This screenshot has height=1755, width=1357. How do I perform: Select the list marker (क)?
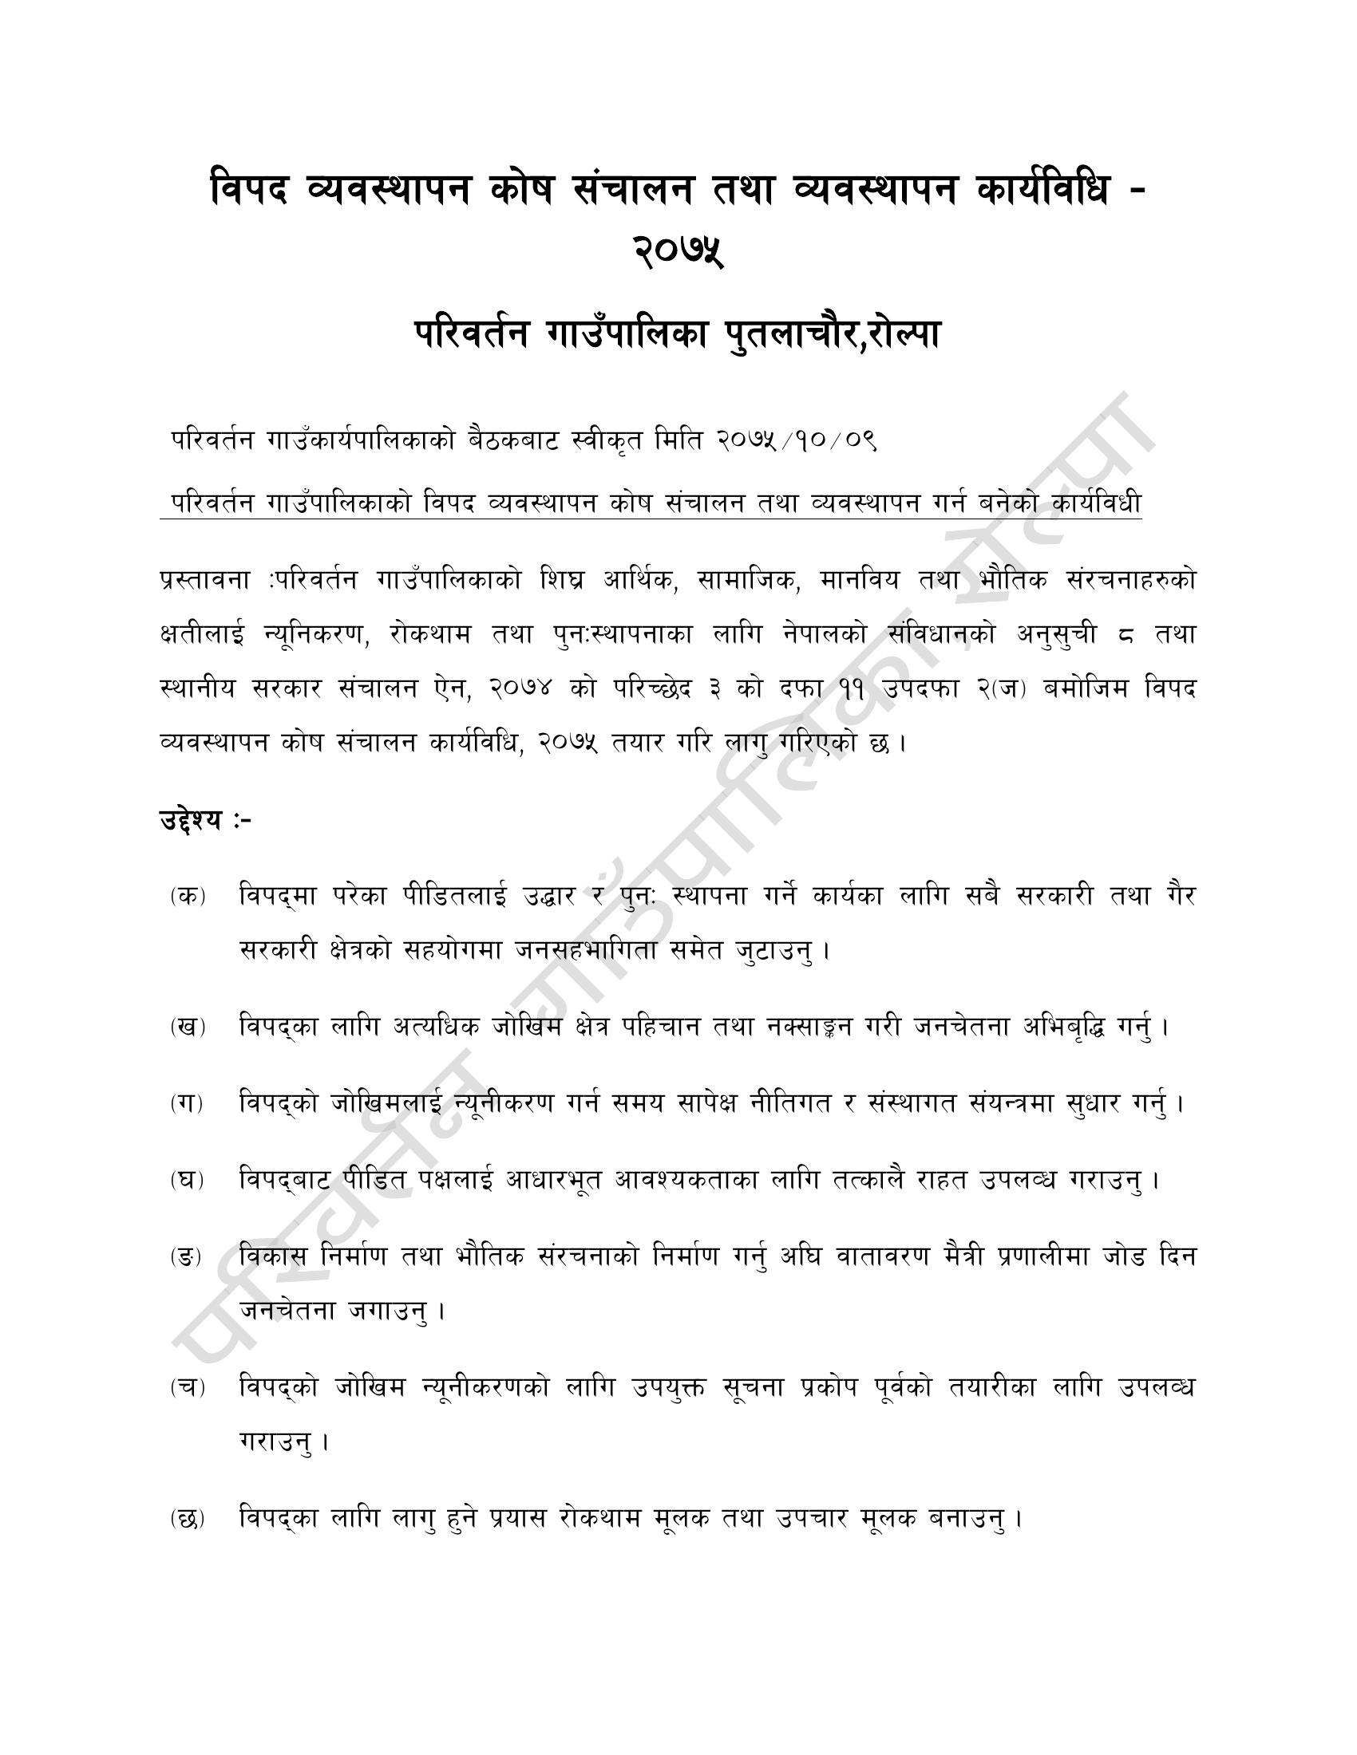click(x=188, y=897)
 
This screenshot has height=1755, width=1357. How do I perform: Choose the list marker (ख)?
click(x=188, y=1027)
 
